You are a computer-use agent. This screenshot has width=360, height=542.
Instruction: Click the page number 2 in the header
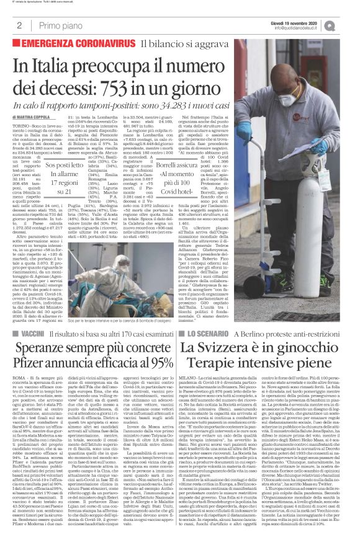(20, 25)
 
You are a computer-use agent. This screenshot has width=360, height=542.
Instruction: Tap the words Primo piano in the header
(54, 25)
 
